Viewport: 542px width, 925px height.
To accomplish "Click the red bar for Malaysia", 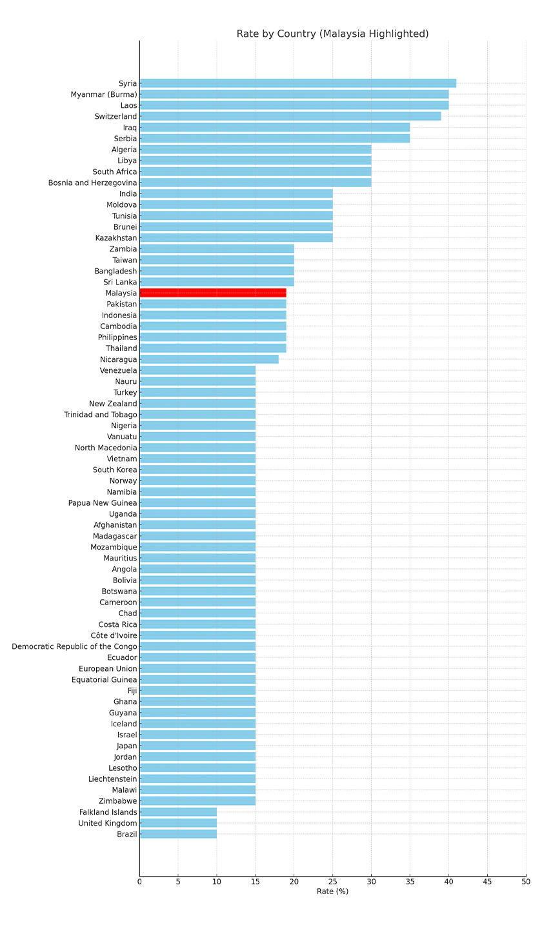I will point(213,293).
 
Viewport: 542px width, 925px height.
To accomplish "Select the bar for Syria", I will point(297,83).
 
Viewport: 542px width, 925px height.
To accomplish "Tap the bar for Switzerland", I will point(290,116).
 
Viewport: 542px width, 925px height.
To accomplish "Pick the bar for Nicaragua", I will point(209,359).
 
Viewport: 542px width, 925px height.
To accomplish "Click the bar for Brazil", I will point(178,834).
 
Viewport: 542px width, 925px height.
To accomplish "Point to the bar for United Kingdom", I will point(178,823).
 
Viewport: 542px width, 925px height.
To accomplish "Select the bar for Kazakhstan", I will point(236,238).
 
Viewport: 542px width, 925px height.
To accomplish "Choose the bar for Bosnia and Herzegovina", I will point(256,183).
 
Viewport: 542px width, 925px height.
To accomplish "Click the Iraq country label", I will point(129,128).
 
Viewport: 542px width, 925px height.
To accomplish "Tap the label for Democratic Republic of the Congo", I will point(74,646).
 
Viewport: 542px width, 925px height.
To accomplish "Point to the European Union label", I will point(108,669).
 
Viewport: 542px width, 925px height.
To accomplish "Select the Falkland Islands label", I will point(108,812).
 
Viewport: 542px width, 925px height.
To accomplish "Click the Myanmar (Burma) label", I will point(104,94).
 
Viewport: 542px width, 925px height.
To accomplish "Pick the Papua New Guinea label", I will point(103,503).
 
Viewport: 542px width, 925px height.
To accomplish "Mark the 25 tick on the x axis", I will point(332,881).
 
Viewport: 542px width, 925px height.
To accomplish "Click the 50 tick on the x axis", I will point(526,881).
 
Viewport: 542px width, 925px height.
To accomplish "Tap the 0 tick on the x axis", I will point(139,881).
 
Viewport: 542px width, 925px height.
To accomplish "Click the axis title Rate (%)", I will point(332,891).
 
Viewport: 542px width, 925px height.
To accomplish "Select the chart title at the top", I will point(332,34).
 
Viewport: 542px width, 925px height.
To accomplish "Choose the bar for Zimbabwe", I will point(197,801).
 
